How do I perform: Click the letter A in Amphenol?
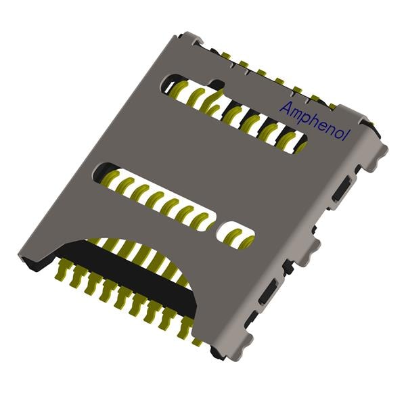[286, 108]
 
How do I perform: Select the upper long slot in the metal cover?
[230, 112]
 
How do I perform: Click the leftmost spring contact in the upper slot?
[178, 88]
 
